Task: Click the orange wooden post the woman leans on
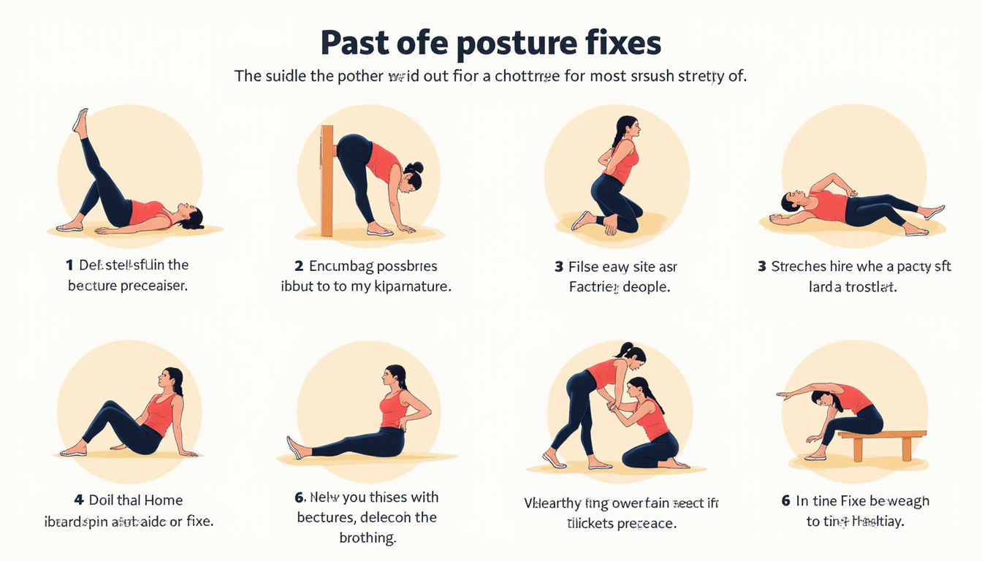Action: click(326, 180)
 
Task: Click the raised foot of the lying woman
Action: click(80, 120)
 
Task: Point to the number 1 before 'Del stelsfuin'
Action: click(69, 265)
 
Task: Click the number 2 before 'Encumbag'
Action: click(298, 266)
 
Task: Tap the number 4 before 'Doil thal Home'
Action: click(79, 500)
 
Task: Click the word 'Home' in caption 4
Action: click(163, 500)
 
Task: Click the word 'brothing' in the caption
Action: click(368, 538)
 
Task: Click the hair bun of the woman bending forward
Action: click(416, 167)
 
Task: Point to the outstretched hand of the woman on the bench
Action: click(783, 395)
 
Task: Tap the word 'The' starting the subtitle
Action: click(247, 75)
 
